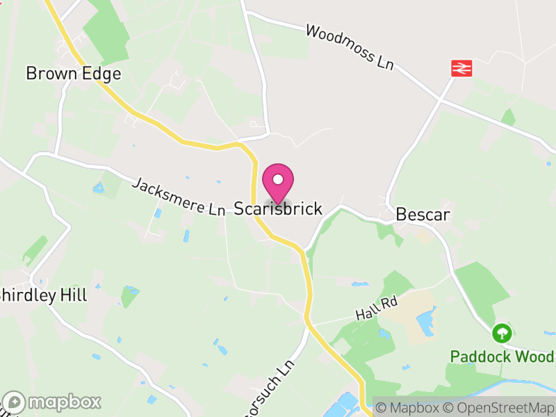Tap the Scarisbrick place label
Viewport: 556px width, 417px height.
tap(278, 208)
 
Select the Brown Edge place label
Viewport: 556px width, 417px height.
tap(74, 74)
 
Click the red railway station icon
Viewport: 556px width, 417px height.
tap(461, 67)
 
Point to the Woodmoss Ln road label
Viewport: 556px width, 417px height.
tap(350, 48)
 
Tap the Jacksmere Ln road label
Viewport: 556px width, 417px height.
tap(178, 197)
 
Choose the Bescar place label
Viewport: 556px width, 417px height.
tap(423, 215)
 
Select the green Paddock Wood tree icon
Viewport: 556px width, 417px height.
tap(501, 334)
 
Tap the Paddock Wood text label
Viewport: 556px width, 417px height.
tap(502, 357)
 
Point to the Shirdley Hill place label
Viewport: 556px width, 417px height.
tap(43, 295)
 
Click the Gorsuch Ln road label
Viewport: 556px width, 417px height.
tap(275, 386)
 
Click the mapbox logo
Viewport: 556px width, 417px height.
tap(52, 402)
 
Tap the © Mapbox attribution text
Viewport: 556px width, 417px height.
tap(407, 407)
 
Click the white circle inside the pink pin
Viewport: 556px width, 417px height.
tap(278, 179)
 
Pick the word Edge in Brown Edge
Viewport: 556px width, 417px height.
tap(101, 74)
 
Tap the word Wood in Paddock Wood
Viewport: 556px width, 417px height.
tap(535, 357)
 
